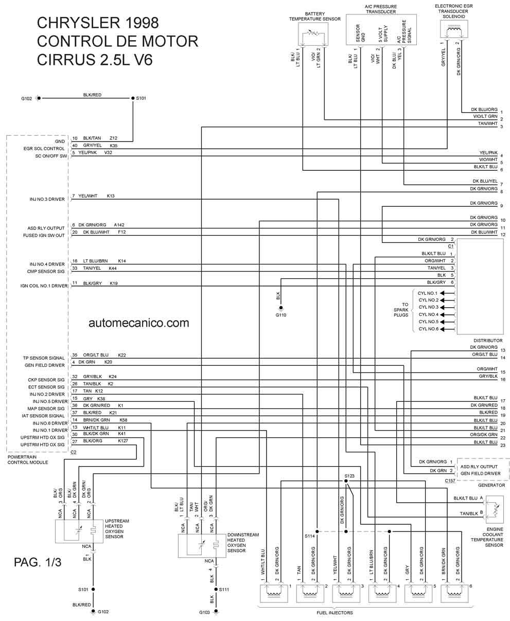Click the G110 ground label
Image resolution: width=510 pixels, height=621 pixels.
tap(280, 315)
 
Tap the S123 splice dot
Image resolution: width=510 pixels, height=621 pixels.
tap(346, 481)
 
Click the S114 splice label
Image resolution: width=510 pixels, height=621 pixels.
tap(310, 536)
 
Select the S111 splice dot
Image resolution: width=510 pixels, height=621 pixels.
tap(216, 589)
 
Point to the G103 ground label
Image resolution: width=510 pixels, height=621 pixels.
tap(204, 612)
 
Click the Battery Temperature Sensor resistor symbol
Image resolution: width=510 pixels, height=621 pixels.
tap(313, 33)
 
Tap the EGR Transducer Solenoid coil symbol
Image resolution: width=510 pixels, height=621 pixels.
tap(454, 29)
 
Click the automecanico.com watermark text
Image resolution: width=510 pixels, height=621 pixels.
tap(138, 323)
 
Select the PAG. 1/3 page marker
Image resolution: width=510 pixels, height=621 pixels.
tap(38, 562)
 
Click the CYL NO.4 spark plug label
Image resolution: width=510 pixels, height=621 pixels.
tap(429, 314)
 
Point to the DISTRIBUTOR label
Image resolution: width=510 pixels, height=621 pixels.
tap(488, 341)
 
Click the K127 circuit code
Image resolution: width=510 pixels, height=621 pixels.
tap(123, 441)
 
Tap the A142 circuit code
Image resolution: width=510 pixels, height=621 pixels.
tap(119, 225)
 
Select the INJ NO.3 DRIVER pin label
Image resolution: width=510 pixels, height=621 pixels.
tap(47, 199)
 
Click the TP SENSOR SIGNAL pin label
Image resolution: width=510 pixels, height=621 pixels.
tap(44, 358)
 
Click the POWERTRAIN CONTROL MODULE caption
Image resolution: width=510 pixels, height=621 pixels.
tap(28, 459)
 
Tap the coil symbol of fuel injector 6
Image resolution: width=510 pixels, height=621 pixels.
tap(454, 593)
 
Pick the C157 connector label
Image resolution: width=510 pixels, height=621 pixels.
tap(450, 481)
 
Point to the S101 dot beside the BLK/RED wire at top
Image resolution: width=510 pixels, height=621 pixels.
tap(133, 98)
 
